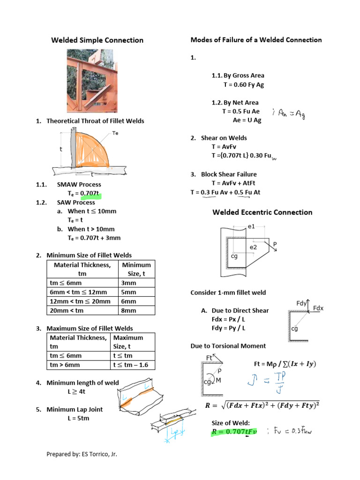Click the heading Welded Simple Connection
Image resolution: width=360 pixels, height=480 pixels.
(x=97, y=40)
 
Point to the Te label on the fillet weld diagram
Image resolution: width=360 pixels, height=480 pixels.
(x=115, y=134)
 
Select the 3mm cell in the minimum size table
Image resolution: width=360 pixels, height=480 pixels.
(x=128, y=283)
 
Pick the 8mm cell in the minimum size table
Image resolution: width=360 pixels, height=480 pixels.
(x=128, y=310)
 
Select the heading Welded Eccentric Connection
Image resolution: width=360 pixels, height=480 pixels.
(x=262, y=212)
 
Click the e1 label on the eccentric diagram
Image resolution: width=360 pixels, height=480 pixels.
(x=251, y=227)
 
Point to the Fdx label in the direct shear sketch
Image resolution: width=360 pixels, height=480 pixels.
(x=318, y=308)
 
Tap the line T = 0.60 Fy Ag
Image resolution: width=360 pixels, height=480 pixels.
(x=243, y=85)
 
